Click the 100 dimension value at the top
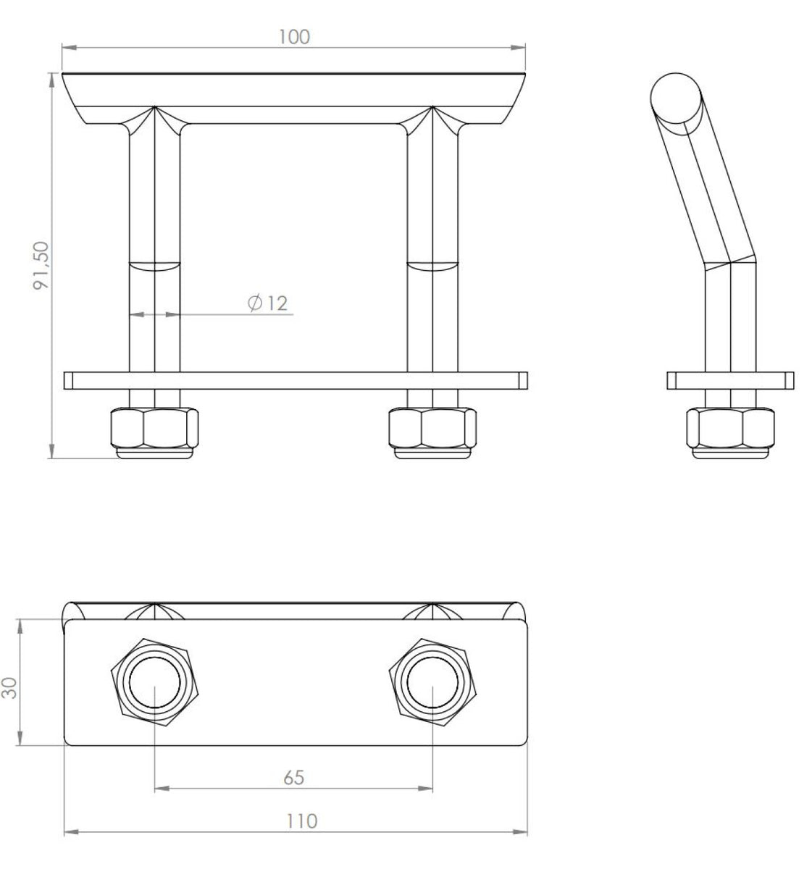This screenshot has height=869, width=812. [x=294, y=37]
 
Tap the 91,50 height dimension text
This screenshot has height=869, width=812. [x=41, y=266]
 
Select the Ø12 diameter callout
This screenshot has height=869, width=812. [x=267, y=303]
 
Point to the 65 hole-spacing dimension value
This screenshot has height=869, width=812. [x=293, y=778]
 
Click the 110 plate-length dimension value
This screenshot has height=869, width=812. [x=301, y=821]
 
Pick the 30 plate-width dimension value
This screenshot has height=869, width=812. [x=9, y=688]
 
